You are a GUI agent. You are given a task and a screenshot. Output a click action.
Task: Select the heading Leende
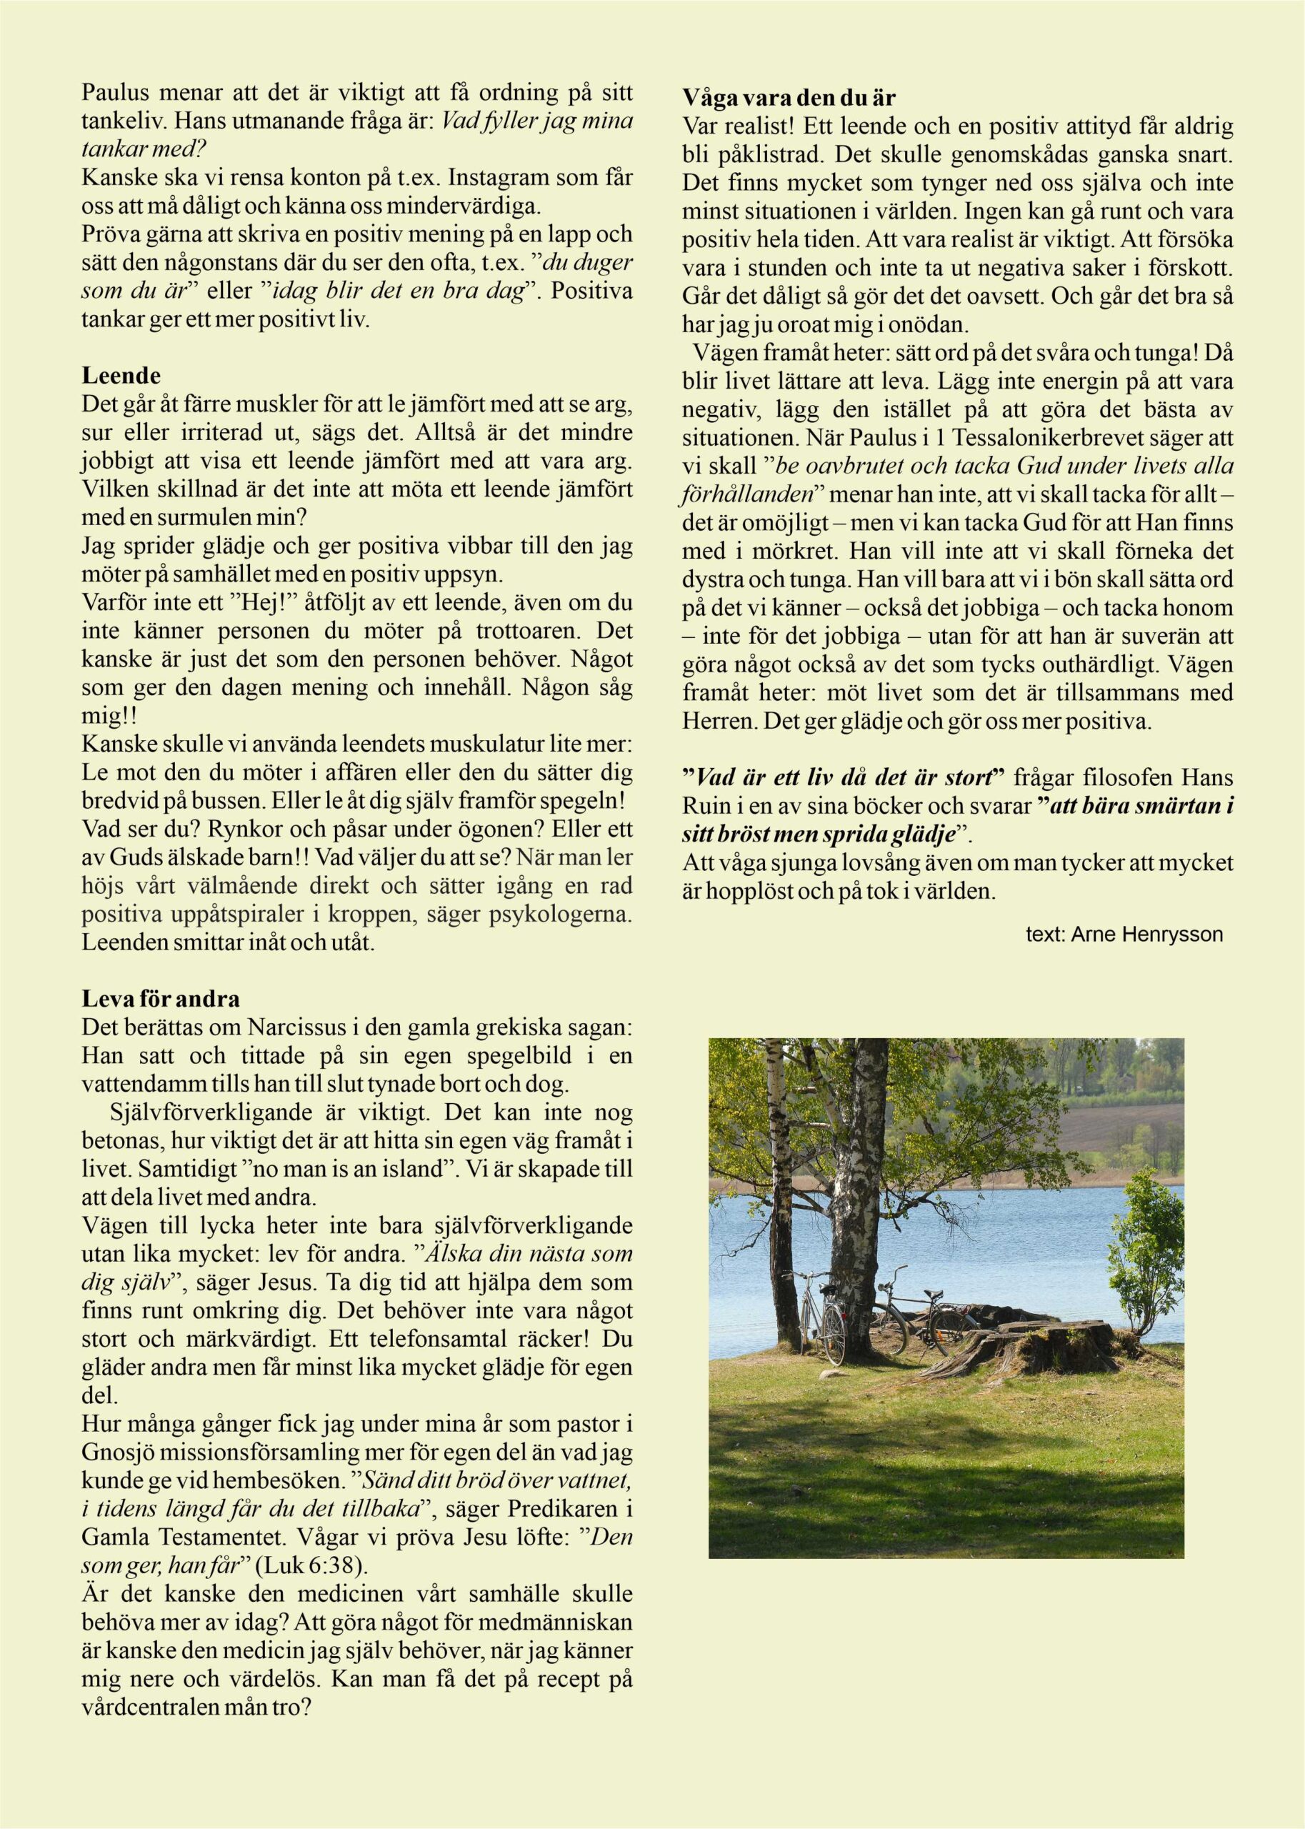121,375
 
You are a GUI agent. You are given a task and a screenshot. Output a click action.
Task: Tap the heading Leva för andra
161,999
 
